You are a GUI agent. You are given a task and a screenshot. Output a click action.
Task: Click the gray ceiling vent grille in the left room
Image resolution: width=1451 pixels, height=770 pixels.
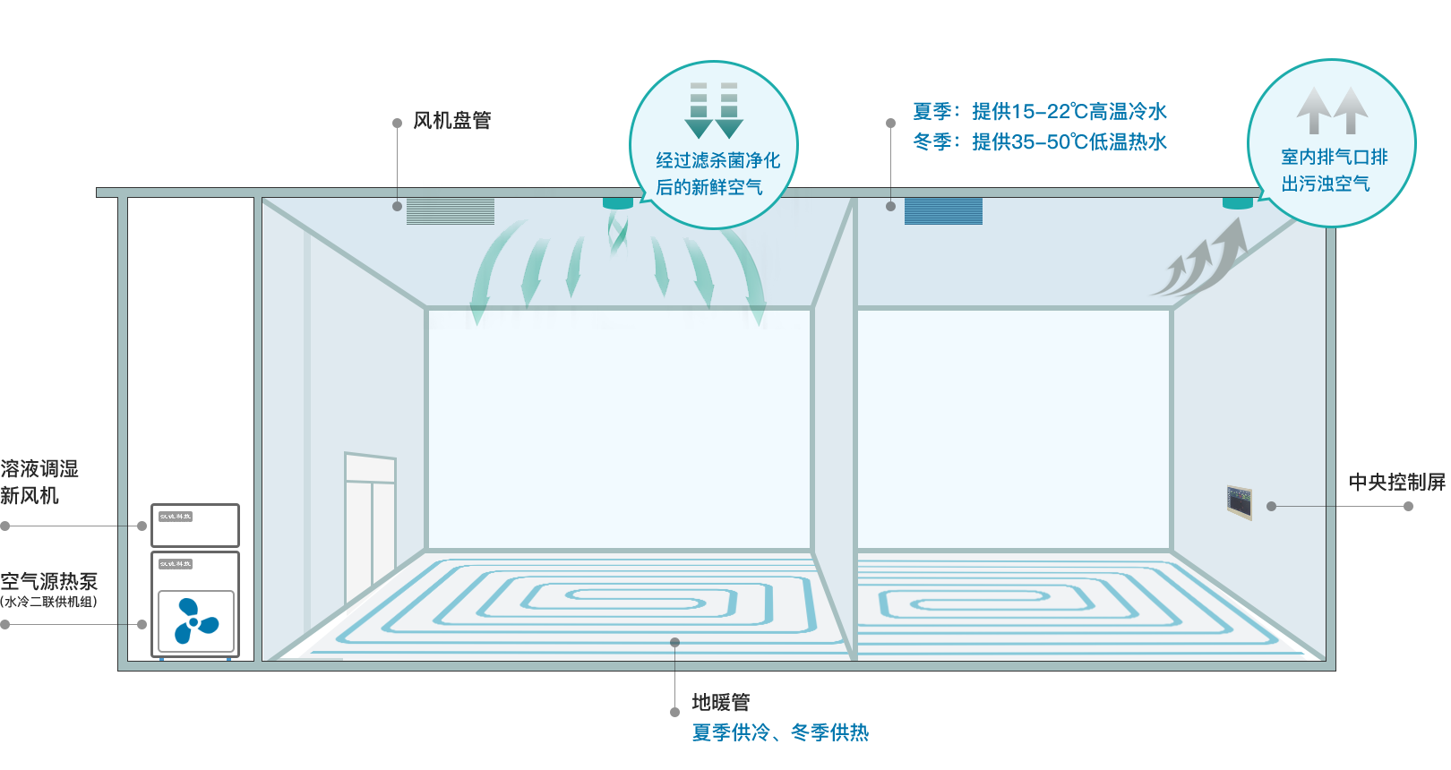pyautogui.click(x=451, y=211)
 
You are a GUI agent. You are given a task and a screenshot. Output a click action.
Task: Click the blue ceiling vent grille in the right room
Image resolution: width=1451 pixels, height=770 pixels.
pyautogui.click(x=943, y=211)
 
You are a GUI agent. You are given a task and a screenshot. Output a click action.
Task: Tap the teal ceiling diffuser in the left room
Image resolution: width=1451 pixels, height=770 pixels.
pyautogui.click(x=617, y=203)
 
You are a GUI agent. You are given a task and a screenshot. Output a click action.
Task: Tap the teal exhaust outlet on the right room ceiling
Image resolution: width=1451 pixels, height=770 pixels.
pyautogui.click(x=1237, y=203)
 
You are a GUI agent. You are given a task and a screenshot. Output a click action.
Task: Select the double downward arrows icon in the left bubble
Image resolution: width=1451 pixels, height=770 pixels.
pyautogui.click(x=714, y=110)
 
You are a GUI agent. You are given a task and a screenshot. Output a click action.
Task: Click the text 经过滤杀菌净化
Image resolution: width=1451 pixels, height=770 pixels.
pyautogui.click(x=717, y=160)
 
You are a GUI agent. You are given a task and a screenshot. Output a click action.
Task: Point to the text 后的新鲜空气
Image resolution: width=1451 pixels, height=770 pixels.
pyautogui.click(x=708, y=187)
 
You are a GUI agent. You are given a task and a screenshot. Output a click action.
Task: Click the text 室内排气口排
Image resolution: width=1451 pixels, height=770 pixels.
pyautogui.click(x=1334, y=158)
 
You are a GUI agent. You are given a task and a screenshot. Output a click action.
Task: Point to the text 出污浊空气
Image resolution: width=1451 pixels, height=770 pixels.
pyautogui.click(x=1325, y=184)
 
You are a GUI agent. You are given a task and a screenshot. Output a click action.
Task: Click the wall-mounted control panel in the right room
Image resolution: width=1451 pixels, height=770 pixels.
pyautogui.click(x=1239, y=501)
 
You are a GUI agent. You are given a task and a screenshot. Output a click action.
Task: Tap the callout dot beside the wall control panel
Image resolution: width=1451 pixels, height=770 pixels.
pyautogui.click(x=1271, y=507)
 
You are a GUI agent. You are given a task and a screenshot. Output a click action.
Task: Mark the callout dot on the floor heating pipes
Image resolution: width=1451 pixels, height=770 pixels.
pyautogui.click(x=674, y=643)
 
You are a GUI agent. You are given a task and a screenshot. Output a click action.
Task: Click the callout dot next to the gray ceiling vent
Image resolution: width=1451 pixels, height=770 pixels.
pyautogui.click(x=397, y=207)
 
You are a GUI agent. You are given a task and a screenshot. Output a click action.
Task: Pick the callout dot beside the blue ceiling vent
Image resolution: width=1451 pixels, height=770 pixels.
pyautogui.click(x=890, y=207)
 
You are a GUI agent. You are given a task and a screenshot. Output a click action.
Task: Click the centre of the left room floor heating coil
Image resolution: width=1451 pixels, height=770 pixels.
pyautogui.click(x=609, y=596)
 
